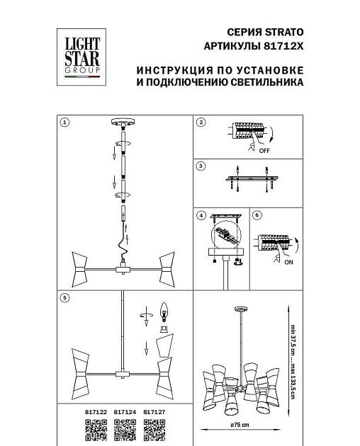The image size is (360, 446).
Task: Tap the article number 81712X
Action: pyautogui.click(x=287, y=47)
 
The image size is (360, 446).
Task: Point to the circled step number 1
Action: pyautogui.click(x=65, y=122)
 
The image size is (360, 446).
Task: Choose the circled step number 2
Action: pyautogui.click(x=201, y=122)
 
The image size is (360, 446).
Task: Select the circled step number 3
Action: pyautogui.click(x=201, y=166)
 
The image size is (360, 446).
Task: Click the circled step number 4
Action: pyautogui.click(x=201, y=215)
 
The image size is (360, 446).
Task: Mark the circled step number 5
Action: pyautogui.click(x=65, y=298)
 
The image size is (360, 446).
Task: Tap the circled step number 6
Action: pyautogui.click(x=258, y=215)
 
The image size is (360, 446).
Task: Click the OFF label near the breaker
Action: pyautogui.click(x=264, y=151)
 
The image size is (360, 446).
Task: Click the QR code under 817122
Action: pyautogui.click(x=96, y=429)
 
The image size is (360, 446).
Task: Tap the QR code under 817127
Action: pyautogui.click(x=154, y=429)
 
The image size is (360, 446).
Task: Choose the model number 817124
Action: pyautogui.click(x=125, y=411)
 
